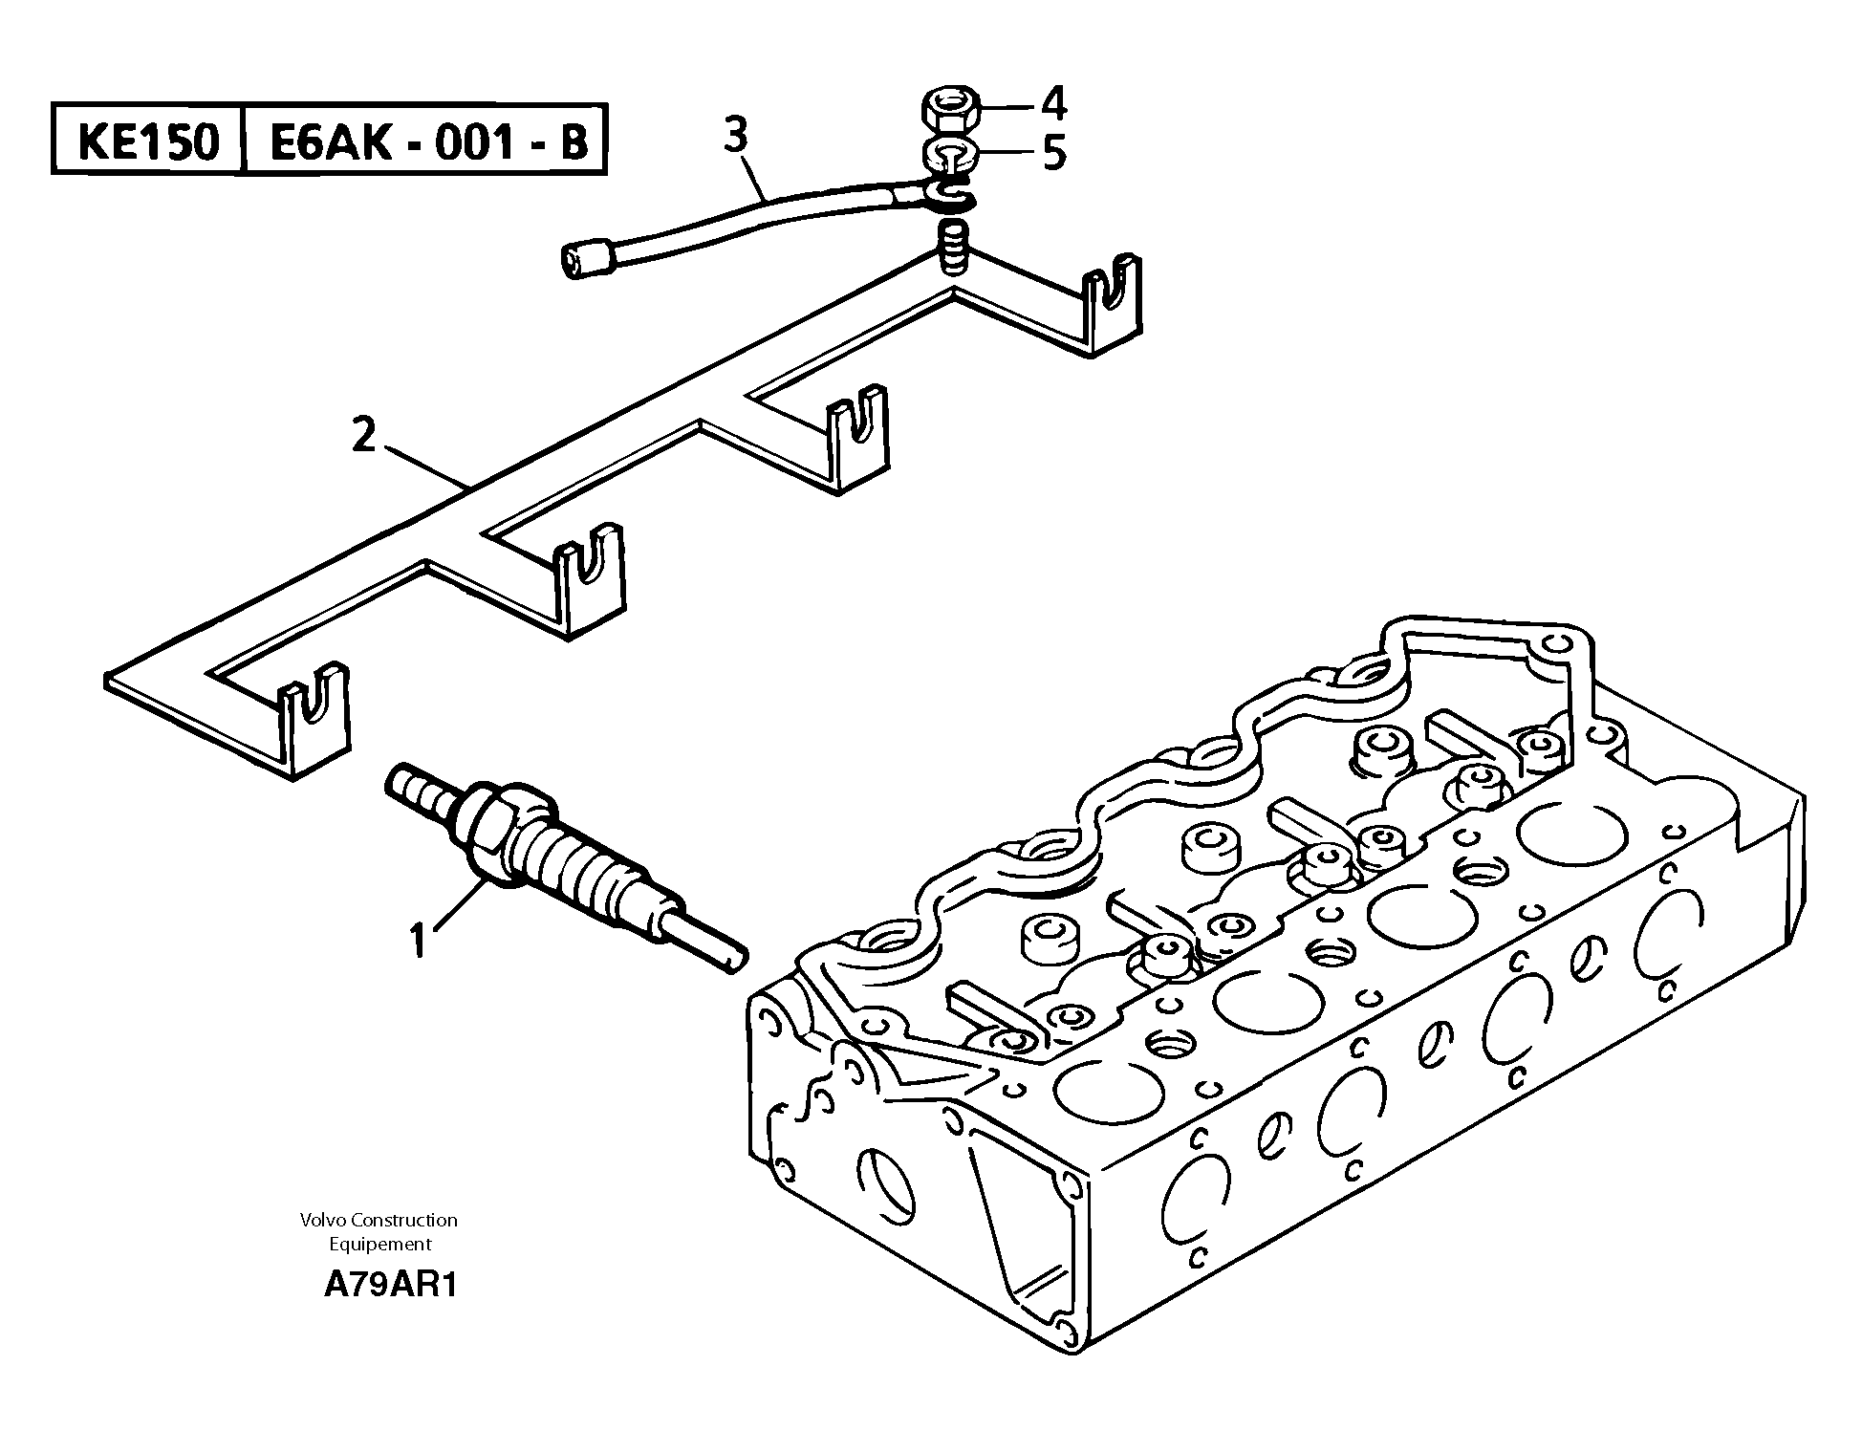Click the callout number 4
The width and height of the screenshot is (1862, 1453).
click(1053, 103)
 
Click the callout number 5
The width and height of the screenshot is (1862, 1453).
click(1053, 154)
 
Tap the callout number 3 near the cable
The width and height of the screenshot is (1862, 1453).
click(735, 137)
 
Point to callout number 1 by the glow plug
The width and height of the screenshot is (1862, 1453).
click(417, 940)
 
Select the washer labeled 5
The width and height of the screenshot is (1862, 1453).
click(950, 153)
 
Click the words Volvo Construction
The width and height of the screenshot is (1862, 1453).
click(379, 1220)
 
